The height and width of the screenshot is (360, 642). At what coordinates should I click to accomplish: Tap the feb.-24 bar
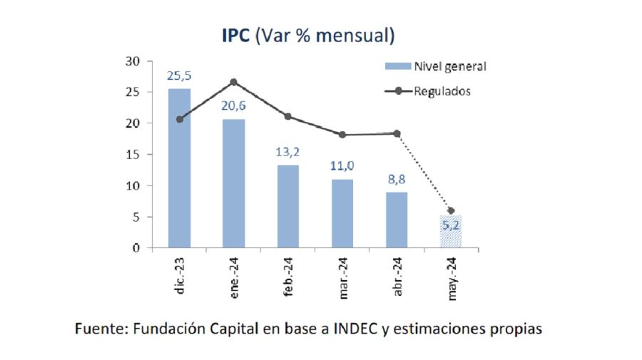pos(287,207)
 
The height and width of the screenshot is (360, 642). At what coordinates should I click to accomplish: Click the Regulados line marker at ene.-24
pos(233,82)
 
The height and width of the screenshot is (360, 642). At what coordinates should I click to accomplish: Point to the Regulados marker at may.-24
pos(450,210)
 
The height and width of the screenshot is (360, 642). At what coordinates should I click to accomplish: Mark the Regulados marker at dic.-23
pos(179,119)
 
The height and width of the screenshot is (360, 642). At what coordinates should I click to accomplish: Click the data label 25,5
pos(179,75)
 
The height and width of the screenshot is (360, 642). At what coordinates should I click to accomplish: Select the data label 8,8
pos(396,179)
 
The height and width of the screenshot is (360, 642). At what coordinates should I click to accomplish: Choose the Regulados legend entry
pos(442,91)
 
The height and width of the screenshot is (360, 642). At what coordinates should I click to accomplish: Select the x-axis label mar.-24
pos(342,276)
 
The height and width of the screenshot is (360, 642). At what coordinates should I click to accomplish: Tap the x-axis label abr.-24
pos(397,275)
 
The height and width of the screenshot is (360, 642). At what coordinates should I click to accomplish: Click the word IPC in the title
pos(236,35)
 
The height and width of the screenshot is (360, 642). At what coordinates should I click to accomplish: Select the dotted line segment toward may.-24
pos(424,172)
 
